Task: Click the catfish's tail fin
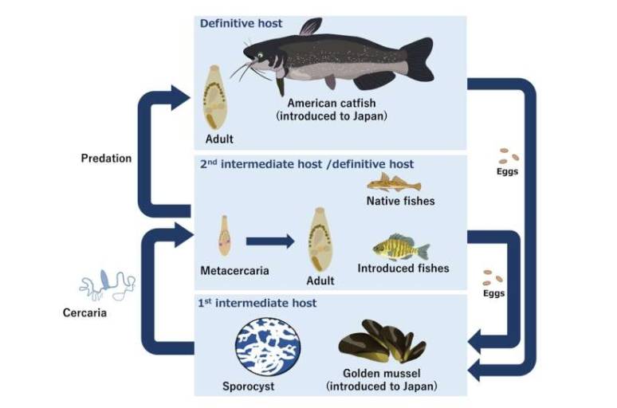point(418,59)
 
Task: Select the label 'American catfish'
point(332,103)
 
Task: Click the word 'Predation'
point(106,158)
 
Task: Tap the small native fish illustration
point(394,182)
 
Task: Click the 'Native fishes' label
point(400,201)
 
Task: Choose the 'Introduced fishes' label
point(403,268)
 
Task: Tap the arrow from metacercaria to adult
point(270,241)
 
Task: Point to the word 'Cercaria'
point(84,312)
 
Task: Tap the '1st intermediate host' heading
point(257,303)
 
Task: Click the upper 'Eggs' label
point(507,171)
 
